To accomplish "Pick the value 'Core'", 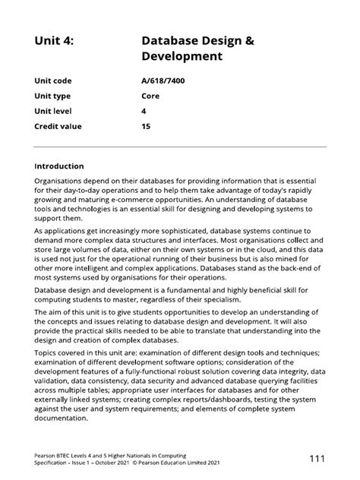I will (x=150, y=96).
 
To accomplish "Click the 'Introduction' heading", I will (x=59, y=166).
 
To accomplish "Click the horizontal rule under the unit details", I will (x=180, y=147).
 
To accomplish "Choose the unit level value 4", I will (x=144, y=111).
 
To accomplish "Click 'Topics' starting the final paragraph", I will (x=47, y=330).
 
